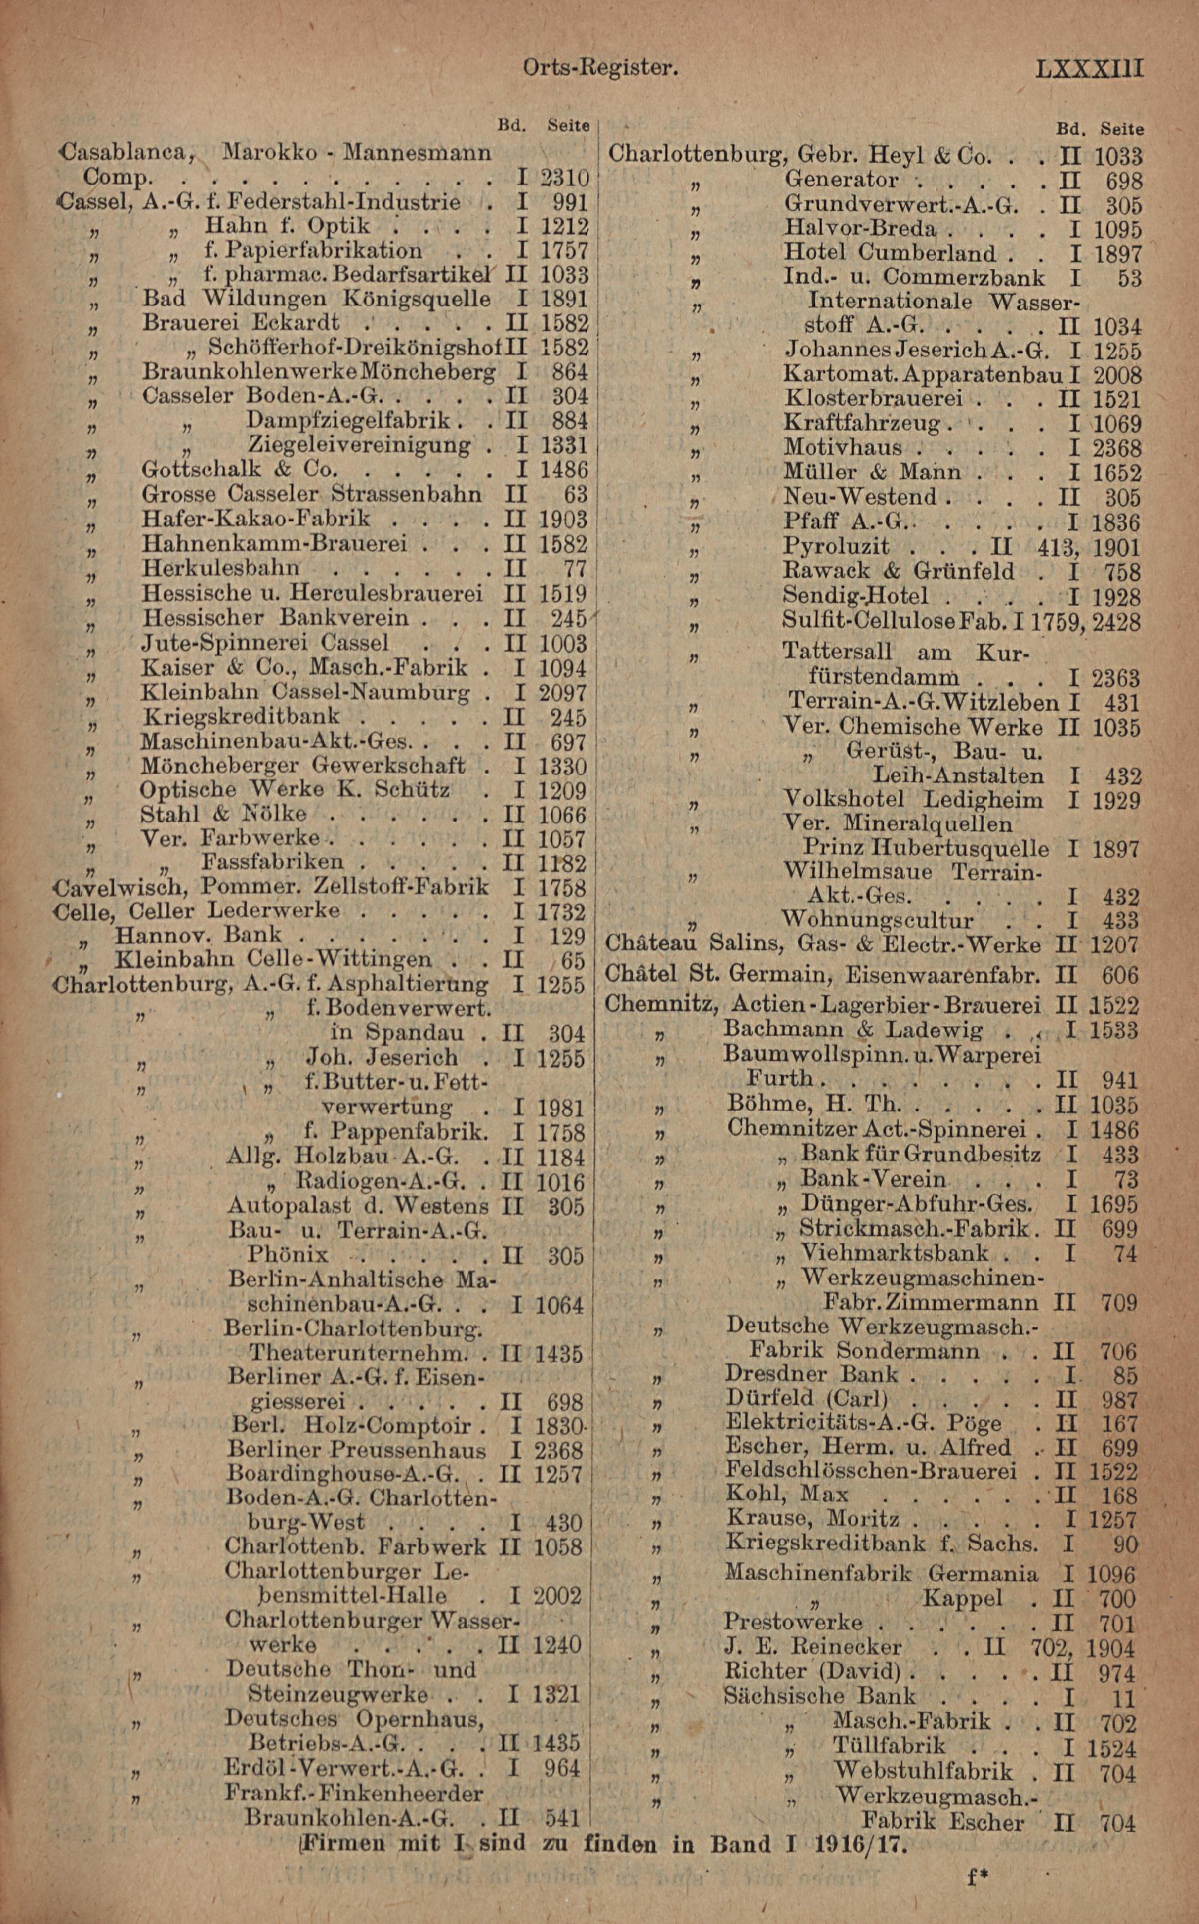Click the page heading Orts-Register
tap(600, 68)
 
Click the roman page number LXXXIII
tap(1089, 68)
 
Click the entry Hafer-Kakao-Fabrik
tap(255, 519)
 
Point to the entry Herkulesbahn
tap(221, 568)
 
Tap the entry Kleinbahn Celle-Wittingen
tap(273, 959)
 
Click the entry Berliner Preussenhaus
tap(356, 1450)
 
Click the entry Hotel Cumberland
tap(889, 254)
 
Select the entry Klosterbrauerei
tap(873, 398)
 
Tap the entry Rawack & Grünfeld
tap(899, 571)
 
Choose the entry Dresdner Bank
tap(812, 1374)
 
